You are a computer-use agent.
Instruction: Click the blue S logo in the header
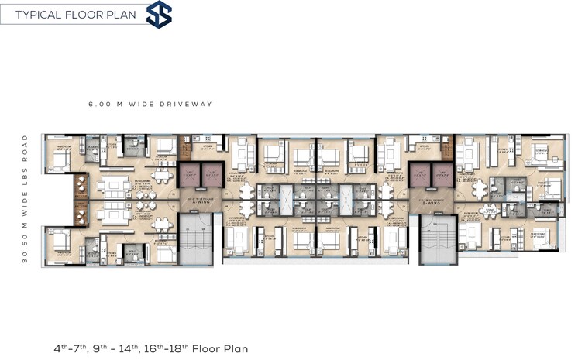[x=160, y=15]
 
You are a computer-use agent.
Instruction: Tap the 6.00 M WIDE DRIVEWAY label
[x=151, y=104]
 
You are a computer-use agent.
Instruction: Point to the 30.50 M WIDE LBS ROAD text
[x=26, y=199]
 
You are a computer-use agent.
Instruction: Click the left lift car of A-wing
[x=189, y=175]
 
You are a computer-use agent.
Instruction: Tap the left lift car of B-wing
[x=419, y=175]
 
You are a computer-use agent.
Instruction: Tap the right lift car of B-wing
[x=441, y=175]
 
